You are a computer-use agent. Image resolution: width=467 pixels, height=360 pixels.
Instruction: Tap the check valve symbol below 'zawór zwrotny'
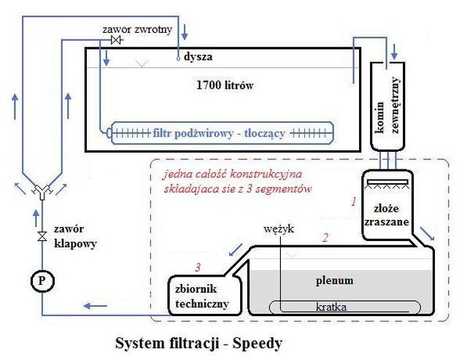pos(115,41)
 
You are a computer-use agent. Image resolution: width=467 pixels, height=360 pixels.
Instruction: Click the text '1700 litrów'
pos(220,85)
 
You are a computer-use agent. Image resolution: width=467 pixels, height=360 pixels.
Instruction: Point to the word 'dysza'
pos(199,55)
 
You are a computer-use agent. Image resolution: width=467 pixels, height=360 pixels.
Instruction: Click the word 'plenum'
pos(334,280)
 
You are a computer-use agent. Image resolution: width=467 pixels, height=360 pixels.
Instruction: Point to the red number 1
pos(352,199)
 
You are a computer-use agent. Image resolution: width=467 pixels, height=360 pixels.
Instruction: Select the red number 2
pos(325,237)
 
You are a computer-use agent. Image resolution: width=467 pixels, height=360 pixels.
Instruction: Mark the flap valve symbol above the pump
pos(42,236)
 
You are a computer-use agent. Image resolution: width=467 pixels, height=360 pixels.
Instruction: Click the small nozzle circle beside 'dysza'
pos(178,57)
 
